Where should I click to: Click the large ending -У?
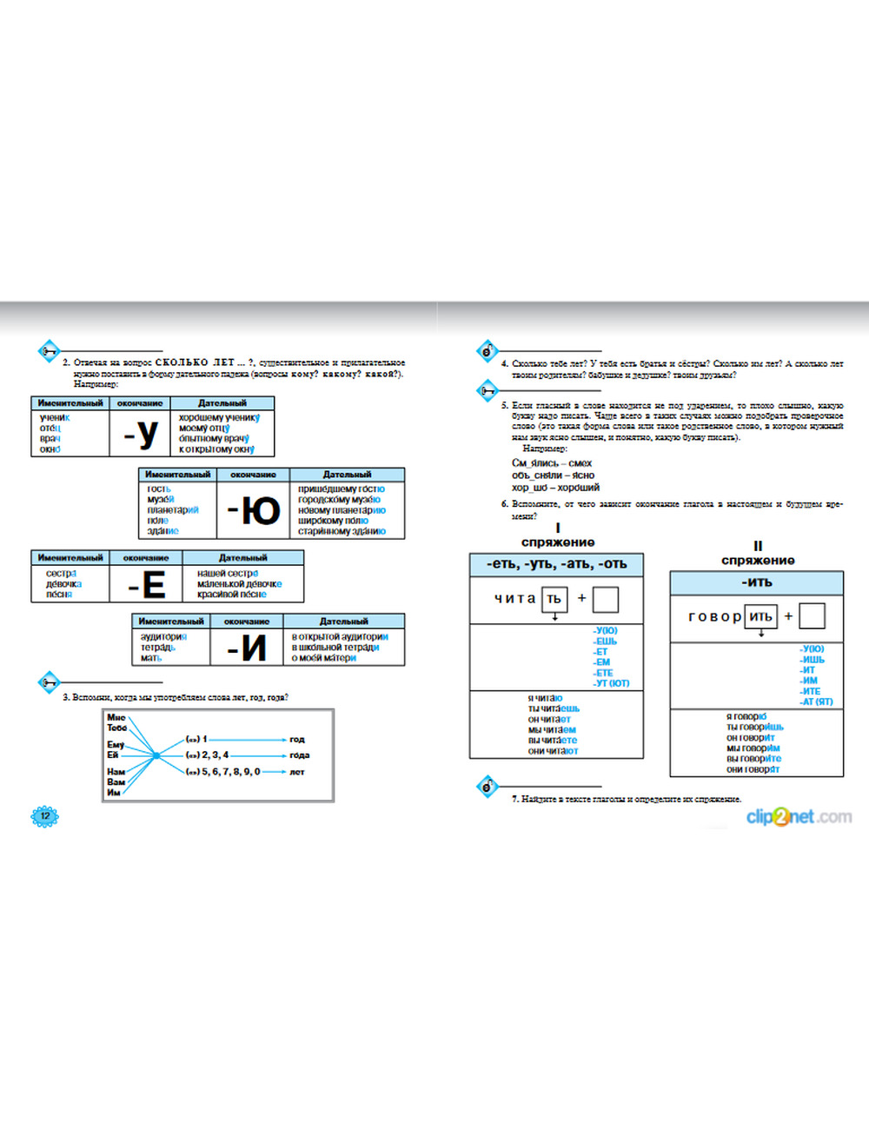141,433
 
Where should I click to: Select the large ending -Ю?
254,510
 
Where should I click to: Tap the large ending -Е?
147,585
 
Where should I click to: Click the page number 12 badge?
44,815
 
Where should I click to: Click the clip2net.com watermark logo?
799,816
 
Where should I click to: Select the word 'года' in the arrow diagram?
300,755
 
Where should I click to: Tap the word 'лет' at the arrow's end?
297,772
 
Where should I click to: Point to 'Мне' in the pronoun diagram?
116,717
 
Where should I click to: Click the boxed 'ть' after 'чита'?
554,599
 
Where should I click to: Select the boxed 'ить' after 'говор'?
760,616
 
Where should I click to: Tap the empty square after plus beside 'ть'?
606,599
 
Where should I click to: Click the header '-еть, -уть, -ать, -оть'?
556,564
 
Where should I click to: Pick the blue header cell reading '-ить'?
756,582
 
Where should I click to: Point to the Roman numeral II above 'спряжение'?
758,546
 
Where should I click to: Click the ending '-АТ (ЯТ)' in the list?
816,701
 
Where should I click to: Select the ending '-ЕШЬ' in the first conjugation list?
605,641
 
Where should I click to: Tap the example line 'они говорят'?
753,769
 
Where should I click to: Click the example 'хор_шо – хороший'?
555,488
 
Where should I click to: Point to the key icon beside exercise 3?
49,681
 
